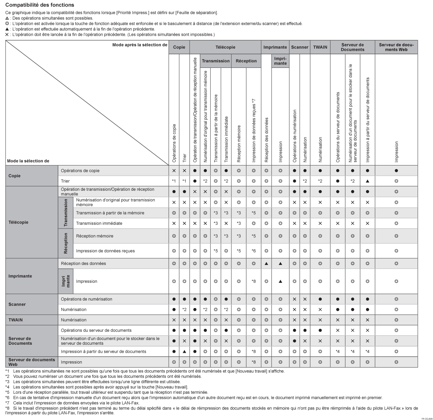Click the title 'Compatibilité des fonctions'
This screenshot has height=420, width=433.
40,5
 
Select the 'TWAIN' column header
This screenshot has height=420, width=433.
320,47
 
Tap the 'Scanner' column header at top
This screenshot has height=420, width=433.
299,47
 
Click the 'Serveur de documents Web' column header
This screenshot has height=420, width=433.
396,47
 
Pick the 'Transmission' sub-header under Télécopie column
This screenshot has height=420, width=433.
216,61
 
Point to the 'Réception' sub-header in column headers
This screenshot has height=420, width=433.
246,61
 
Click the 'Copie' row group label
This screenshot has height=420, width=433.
15,176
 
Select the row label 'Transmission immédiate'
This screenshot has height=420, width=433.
99,223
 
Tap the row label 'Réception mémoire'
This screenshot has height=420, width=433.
95,236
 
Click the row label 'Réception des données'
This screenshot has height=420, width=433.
83,264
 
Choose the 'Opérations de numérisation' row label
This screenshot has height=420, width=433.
87,299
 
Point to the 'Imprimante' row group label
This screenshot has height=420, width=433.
20,276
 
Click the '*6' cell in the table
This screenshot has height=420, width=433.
253,251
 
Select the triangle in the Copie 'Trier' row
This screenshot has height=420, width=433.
367,181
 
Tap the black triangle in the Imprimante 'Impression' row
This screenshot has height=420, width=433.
280,281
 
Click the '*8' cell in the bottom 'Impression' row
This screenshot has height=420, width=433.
253,362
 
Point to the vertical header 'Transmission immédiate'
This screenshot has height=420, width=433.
226,139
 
